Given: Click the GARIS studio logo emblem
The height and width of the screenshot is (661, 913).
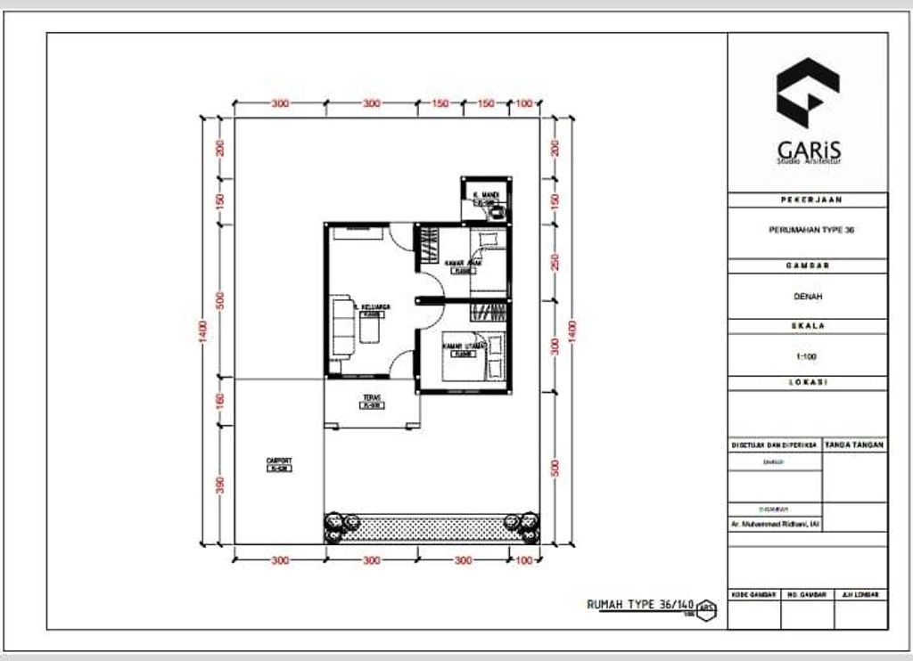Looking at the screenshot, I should click(807, 94).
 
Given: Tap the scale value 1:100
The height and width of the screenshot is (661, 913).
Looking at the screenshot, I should click(807, 356).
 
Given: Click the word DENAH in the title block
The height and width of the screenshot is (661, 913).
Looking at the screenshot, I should click(807, 296).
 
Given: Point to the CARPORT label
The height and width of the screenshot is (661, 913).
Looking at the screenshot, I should click(279, 461).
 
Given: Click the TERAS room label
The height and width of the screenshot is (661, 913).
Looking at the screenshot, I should click(372, 398).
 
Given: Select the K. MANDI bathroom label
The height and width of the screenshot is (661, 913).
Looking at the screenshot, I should click(486, 194).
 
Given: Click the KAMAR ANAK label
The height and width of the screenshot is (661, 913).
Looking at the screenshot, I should click(464, 264).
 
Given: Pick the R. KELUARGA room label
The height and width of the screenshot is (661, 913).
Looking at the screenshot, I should click(372, 307).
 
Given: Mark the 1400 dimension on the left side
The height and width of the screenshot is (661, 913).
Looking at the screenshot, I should click(204, 330).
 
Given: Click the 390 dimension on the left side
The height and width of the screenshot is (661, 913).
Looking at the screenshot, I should click(220, 484).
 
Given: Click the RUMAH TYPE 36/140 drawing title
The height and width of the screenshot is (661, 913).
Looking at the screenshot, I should click(640, 604).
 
